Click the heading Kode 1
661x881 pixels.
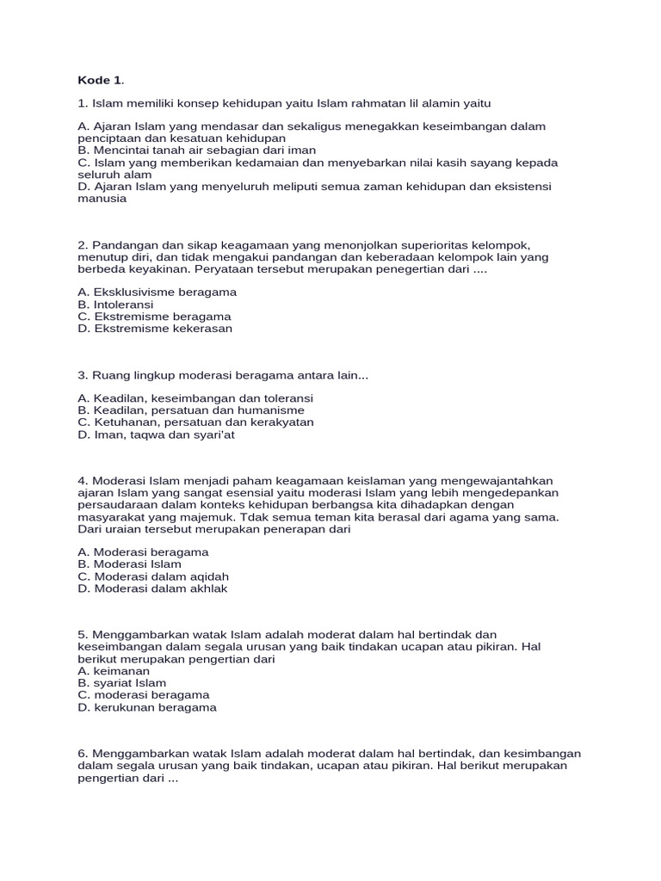pyautogui.click(x=101, y=81)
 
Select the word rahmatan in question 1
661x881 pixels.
pyautogui.click(x=380, y=104)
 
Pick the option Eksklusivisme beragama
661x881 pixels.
pyautogui.click(x=157, y=293)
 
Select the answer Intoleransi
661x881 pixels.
pyautogui.click(x=115, y=305)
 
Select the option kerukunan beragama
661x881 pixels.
pyautogui.click(x=147, y=707)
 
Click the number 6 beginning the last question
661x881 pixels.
pyautogui.click(x=82, y=754)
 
